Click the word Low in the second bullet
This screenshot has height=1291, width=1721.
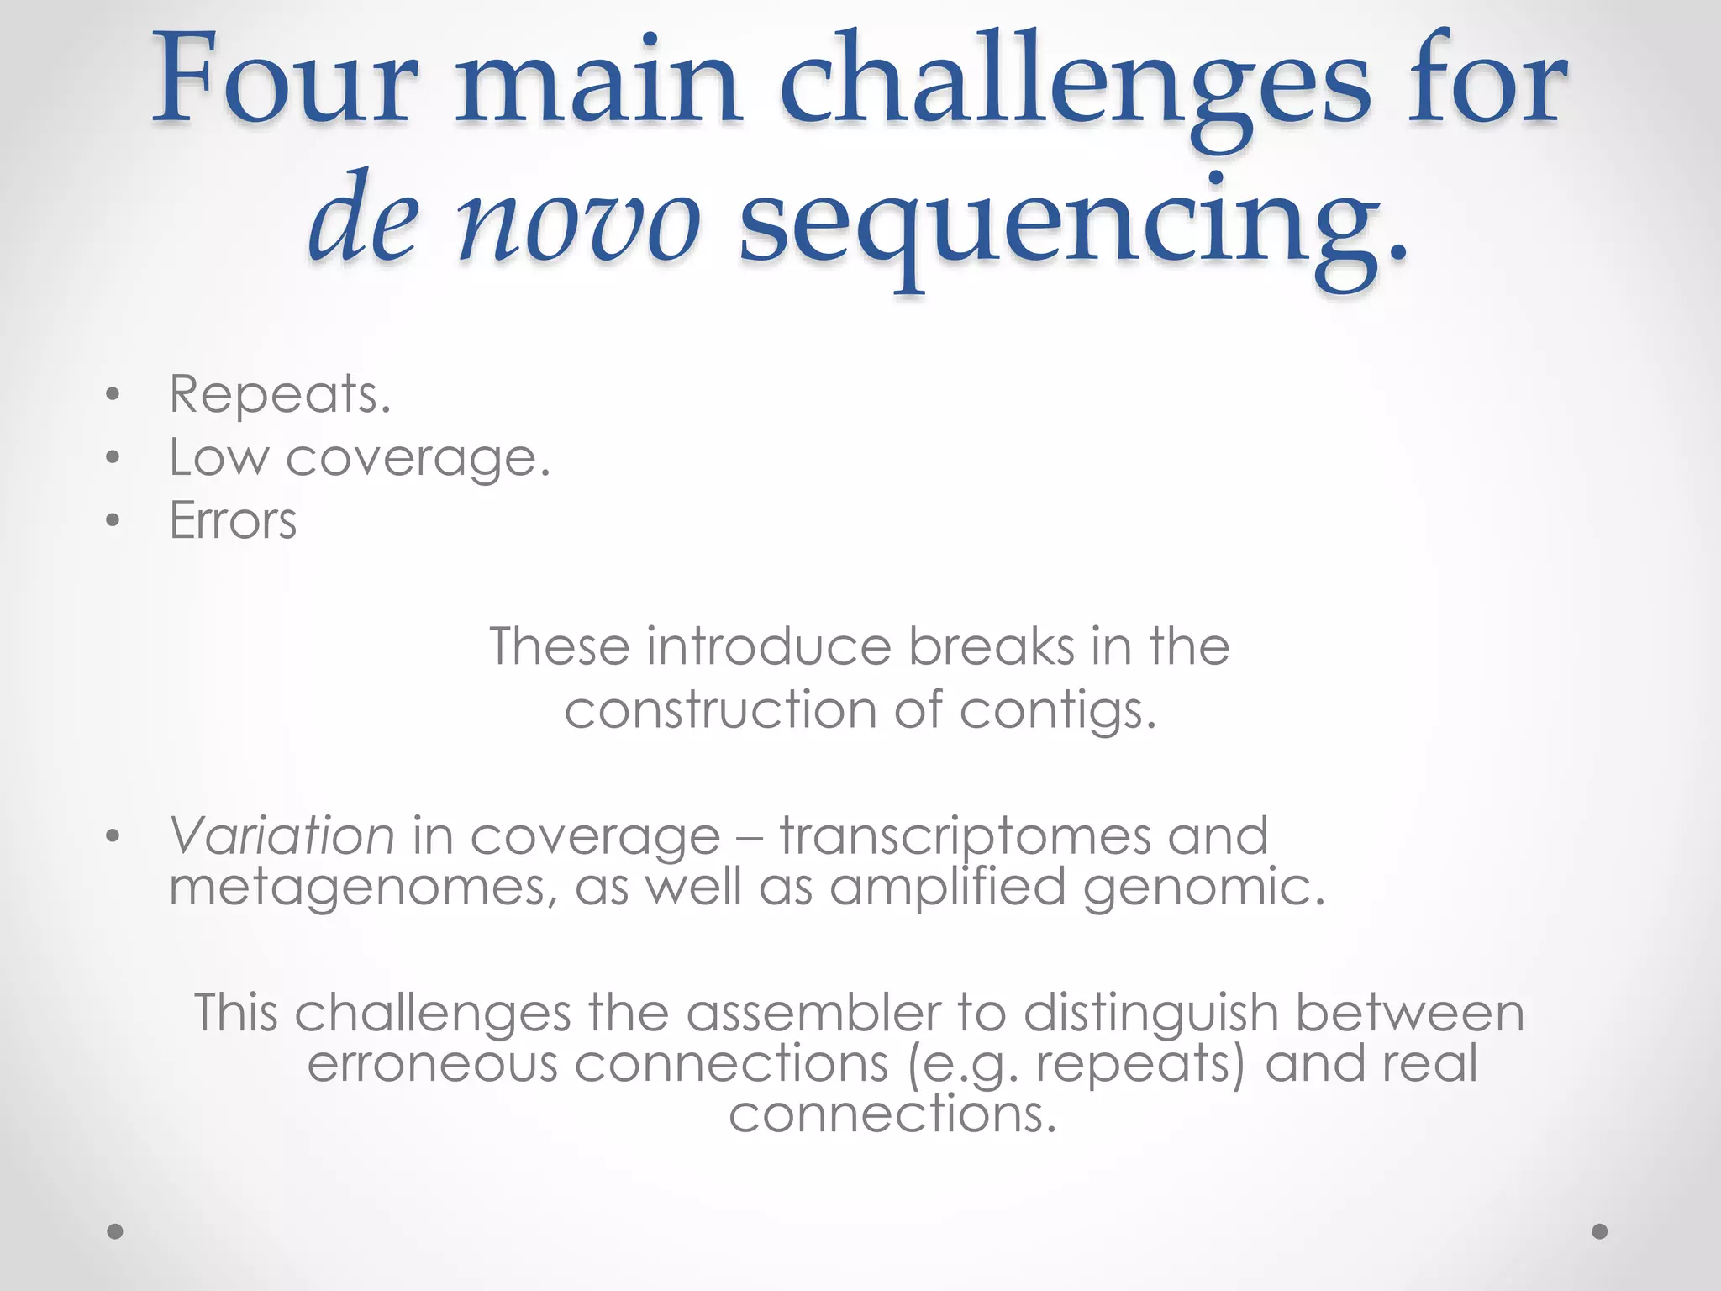[218, 457]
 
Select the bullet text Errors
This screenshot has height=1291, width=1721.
[233, 520]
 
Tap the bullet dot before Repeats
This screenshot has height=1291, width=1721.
[114, 395]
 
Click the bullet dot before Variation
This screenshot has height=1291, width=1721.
[114, 836]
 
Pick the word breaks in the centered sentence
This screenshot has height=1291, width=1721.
[992, 646]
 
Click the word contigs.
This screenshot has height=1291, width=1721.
[1058, 711]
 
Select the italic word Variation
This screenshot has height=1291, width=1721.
[282, 835]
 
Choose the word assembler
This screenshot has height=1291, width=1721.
[814, 1012]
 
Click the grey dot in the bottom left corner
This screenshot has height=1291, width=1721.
[116, 1231]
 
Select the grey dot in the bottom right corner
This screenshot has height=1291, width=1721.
[1600, 1231]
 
